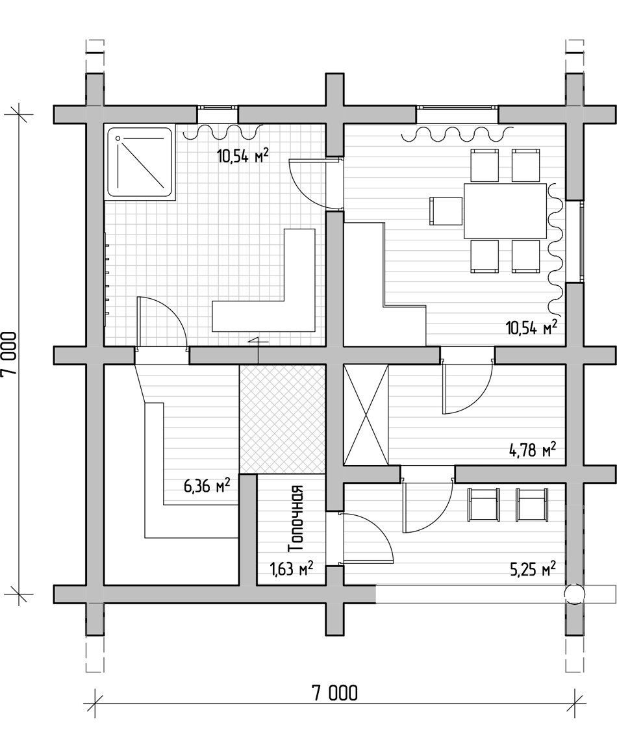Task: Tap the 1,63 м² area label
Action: click(292, 569)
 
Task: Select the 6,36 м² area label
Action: click(207, 485)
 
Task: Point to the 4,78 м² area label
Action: click(533, 450)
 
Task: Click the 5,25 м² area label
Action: click(533, 569)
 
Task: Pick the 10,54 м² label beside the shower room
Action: click(243, 155)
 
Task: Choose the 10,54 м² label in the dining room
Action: click(532, 327)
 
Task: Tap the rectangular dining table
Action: click(505, 211)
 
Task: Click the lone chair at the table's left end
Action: click(446, 211)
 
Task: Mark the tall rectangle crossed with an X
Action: click(366, 414)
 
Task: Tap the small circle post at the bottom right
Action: click(573, 594)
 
